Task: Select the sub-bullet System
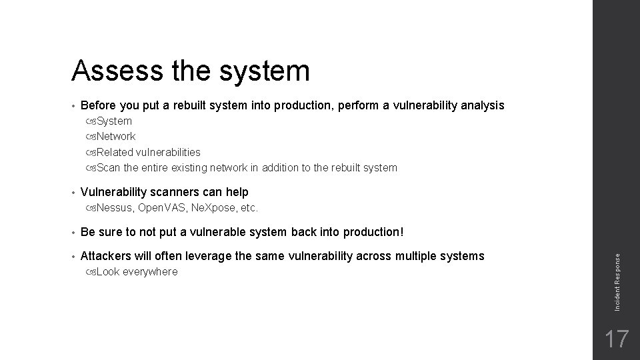[x=114, y=121]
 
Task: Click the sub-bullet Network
[x=116, y=137]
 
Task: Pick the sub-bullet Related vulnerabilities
[x=148, y=152]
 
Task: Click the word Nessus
[x=115, y=208]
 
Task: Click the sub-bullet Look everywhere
[x=137, y=272]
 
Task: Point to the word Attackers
[x=106, y=256]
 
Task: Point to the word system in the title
[x=267, y=70]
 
